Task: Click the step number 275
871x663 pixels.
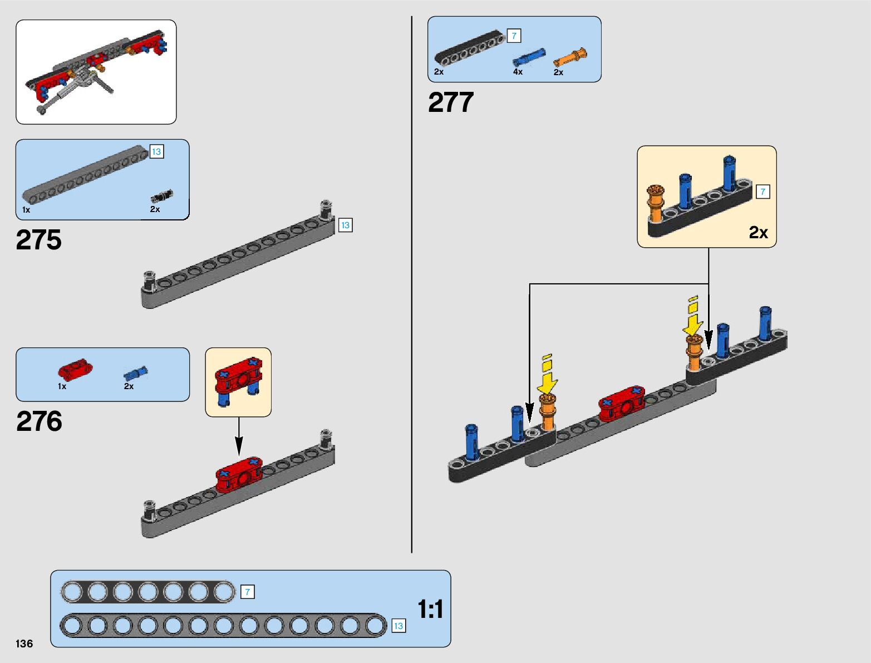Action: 39,239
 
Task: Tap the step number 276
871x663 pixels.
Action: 40,421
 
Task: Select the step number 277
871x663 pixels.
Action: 451,102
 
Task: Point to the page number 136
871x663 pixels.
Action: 24,644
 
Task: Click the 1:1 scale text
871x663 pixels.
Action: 430,609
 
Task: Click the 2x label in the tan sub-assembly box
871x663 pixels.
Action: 759,233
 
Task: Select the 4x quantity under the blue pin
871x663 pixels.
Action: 518,72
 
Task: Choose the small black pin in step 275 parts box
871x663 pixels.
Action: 161,196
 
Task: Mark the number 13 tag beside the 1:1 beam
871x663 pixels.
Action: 398,626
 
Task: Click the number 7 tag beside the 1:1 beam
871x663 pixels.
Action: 247,592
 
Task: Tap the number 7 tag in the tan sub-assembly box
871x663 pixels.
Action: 762,191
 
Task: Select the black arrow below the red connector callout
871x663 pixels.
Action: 239,436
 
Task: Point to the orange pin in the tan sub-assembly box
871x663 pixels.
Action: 655,203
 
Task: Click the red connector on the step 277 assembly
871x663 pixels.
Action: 622,404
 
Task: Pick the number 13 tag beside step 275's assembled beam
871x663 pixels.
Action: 345,225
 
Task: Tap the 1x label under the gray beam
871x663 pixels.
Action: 26,210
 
